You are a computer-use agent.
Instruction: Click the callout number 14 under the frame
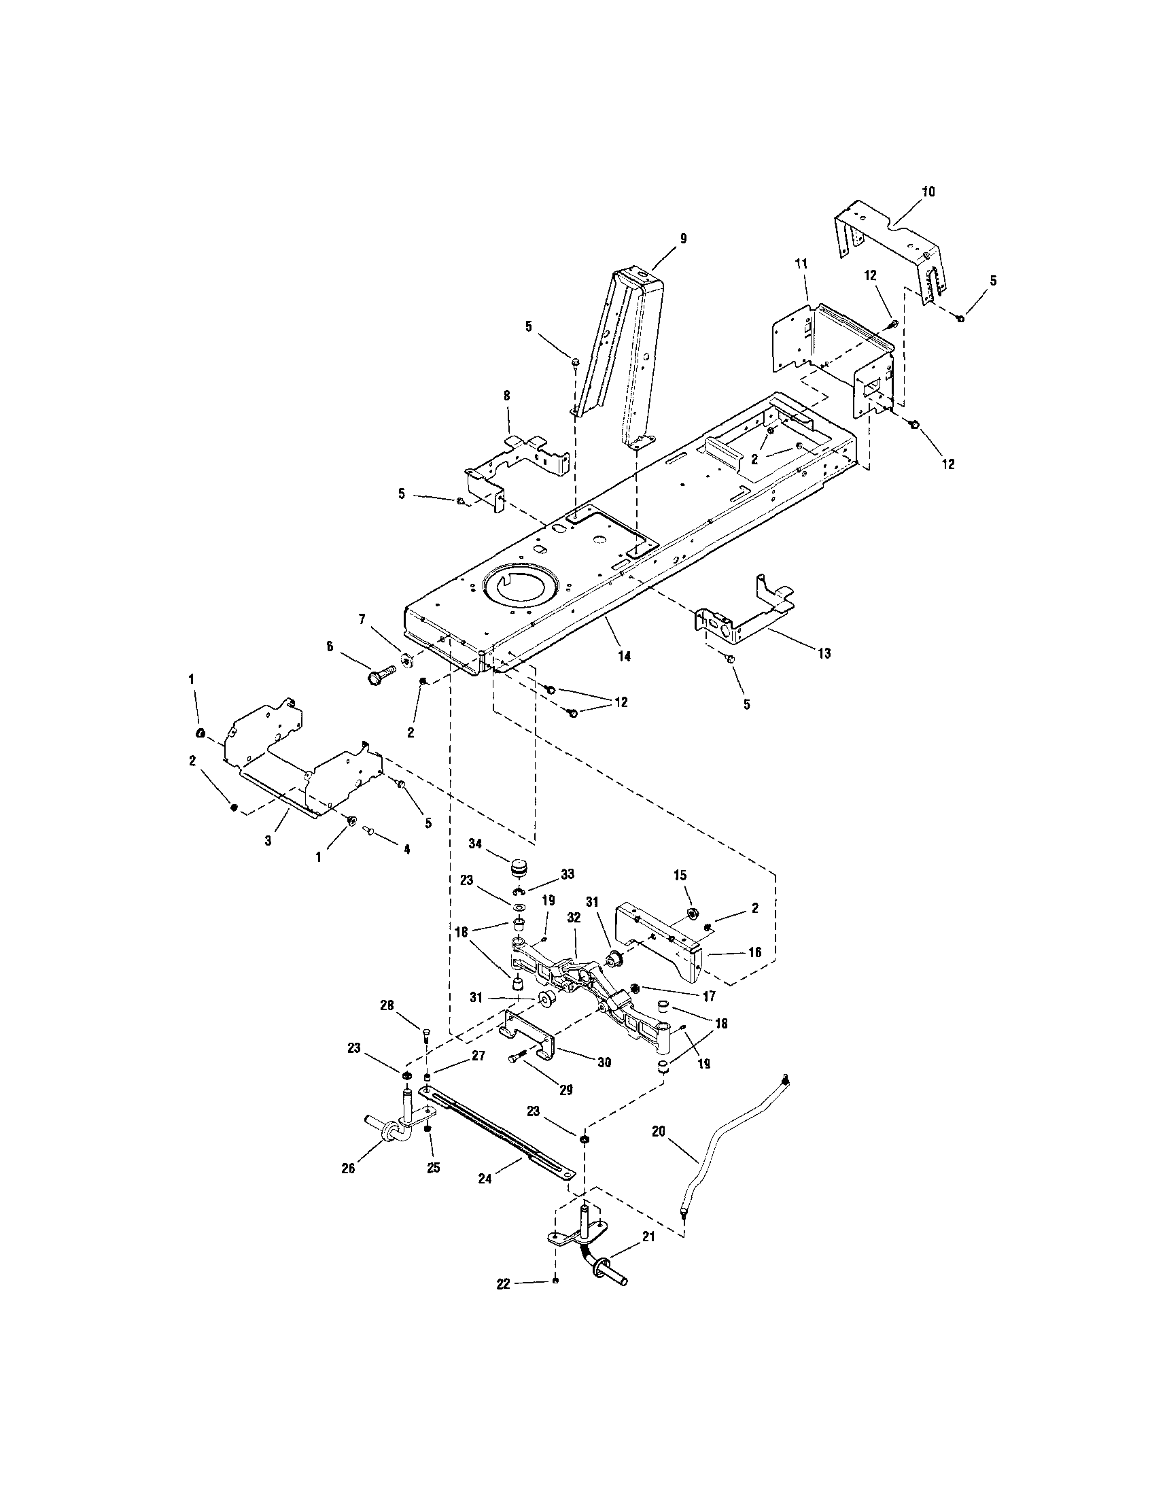(624, 656)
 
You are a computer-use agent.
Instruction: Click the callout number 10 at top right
(928, 192)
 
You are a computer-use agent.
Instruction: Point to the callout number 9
(683, 239)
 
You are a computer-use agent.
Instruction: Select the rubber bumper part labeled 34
(519, 867)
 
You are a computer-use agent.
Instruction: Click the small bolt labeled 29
(519, 1078)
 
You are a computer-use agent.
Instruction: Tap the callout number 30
(604, 1062)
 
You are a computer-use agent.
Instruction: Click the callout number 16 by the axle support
(754, 952)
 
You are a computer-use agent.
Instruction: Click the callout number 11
(801, 264)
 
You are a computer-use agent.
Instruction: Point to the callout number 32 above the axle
(574, 918)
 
